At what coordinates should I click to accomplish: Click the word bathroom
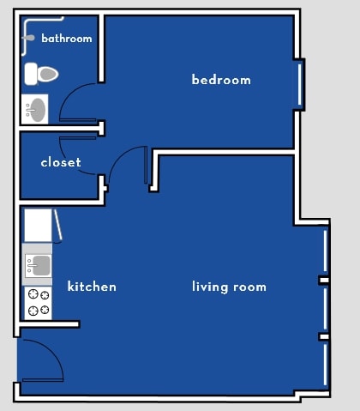pyautogui.click(x=66, y=39)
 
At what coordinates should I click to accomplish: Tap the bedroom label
pyautogui.click(x=220, y=80)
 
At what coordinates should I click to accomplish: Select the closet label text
pyautogui.click(x=61, y=162)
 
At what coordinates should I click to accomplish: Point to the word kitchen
pyautogui.click(x=92, y=287)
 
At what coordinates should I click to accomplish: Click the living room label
pyautogui.click(x=229, y=287)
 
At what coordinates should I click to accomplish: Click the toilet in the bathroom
pyautogui.click(x=39, y=74)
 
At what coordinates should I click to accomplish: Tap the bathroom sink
pyautogui.click(x=35, y=109)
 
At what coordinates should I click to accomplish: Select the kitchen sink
pyautogui.click(x=38, y=265)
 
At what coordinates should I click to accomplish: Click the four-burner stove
pyautogui.click(x=38, y=302)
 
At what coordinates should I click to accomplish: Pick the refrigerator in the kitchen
pyautogui.click(x=37, y=226)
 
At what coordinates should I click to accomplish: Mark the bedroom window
pyautogui.click(x=299, y=84)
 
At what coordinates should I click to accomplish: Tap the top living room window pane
pyautogui.click(x=325, y=251)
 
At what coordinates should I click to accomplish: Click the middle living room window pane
pyautogui.click(x=325, y=308)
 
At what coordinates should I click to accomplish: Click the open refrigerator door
pyautogui.click(x=57, y=225)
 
